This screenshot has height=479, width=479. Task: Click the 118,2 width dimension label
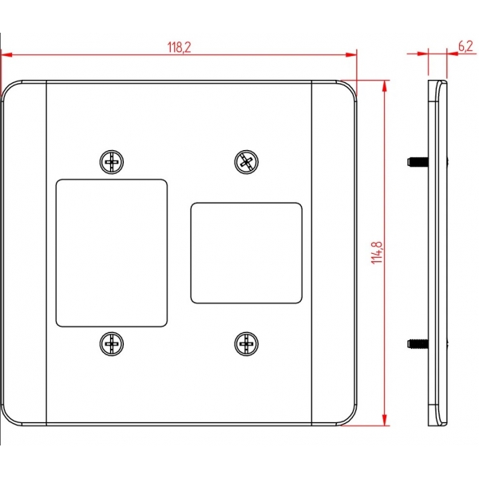(x=179, y=47)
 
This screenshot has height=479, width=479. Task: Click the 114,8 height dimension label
(x=377, y=252)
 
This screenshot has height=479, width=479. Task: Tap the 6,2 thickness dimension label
(x=465, y=46)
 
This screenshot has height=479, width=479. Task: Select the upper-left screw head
(x=112, y=162)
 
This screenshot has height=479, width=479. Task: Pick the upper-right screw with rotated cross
(x=246, y=162)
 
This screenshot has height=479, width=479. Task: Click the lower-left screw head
(x=112, y=343)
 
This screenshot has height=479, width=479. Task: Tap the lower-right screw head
(x=246, y=343)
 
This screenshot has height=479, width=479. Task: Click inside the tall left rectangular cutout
(x=112, y=253)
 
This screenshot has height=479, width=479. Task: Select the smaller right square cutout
(x=246, y=253)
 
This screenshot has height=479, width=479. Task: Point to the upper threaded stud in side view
(x=418, y=161)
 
